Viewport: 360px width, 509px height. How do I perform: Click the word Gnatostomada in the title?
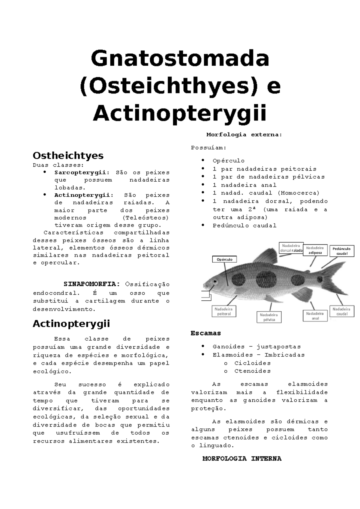coord(180,59)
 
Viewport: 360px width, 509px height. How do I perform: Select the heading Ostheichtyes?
coord(68,156)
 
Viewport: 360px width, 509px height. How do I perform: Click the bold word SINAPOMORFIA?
coord(92,284)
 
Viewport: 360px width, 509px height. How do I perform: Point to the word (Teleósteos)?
coord(145,218)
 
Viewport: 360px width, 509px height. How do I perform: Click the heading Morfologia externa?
coord(244,135)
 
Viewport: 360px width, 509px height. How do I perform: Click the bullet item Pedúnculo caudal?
coord(244,226)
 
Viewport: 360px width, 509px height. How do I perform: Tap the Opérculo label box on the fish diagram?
coord(224,260)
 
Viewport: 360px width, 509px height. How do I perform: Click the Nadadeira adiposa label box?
coord(315,250)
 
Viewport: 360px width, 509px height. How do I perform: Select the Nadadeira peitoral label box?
coord(224,311)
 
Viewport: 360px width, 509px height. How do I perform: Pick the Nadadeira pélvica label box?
coord(269,317)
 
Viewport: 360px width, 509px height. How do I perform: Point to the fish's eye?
coord(215,282)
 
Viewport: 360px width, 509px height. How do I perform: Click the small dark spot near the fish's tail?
coord(320,280)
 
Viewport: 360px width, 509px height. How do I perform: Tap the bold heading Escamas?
coord(206,333)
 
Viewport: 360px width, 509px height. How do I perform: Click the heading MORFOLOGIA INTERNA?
coord(242,459)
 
